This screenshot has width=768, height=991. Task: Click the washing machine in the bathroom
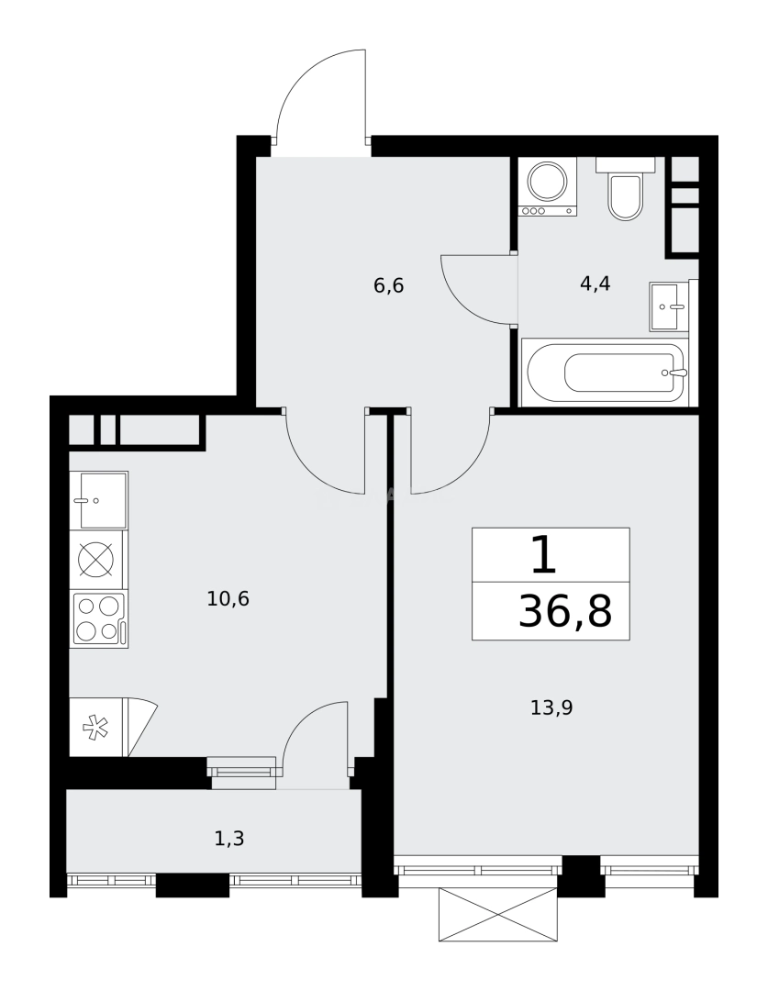(548, 186)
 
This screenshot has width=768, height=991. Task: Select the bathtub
(604, 373)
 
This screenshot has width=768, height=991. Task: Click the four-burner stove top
(99, 618)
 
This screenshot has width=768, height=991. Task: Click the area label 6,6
(388, 285)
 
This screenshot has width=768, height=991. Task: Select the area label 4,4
(595, 284)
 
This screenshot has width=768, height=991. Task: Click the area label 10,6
(228, 599)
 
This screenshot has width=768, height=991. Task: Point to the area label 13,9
(551, 707)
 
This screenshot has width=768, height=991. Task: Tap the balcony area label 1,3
(228, 837)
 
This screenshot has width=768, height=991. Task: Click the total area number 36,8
(564, 611)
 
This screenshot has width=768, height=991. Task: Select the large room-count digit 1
(543, 555)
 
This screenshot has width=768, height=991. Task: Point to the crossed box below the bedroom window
(498, 914)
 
